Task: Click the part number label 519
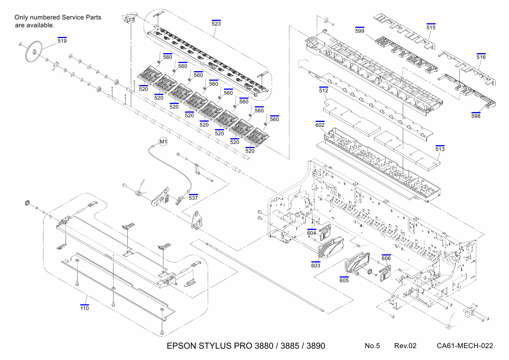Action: (x=62, y=41)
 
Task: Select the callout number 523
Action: (x=216, y=24)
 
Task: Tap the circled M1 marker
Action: (x=164, y=142)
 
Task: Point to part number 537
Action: (x=193, y=198)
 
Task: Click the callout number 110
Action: (x=84, y=308)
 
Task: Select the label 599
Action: (x=360, y=31)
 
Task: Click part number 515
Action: (x=431, y=28)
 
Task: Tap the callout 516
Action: (x=481, y=57)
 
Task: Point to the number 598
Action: (x=476, y=116)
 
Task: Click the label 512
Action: (x=324, y=91)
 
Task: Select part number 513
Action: (x=440, y=149)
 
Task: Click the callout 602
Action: (x=320, y=125)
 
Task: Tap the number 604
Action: (x=312, y=233)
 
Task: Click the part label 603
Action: (x=316, y=266)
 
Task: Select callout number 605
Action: (x=344, y=280)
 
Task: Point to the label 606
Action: (x=386, y=258)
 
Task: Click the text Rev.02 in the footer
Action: (x=405, y=346)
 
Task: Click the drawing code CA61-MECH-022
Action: (x=465, y=346)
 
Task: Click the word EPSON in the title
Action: (x=182, y=346)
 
